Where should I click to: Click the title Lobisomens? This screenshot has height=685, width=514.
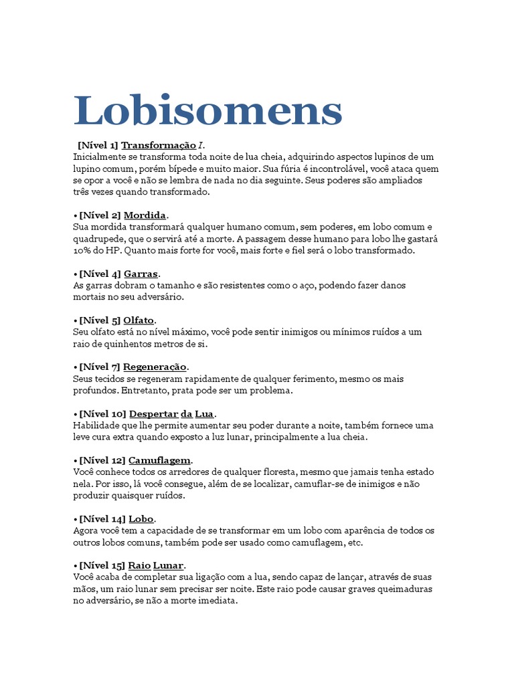coord(207,110)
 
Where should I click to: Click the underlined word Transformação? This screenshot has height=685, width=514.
coord(159,145)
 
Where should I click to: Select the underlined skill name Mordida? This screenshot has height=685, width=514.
coord(145,215)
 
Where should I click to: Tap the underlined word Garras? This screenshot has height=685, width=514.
coord(141,274)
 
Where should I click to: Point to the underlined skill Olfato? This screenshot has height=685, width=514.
coord(139,320)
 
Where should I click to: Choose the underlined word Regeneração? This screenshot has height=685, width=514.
coord(155,367)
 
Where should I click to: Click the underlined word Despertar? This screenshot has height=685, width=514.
coord(153,414)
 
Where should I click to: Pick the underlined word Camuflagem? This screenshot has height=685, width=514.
coord(159,461)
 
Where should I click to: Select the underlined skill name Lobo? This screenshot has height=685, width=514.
coord(141,519)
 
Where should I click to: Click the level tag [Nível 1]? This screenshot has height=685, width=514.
coord(98,145)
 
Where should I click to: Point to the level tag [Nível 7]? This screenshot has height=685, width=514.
coord(100,367)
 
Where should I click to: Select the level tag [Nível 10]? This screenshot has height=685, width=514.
coord(102,414)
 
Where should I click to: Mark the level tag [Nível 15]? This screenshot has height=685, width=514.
coord(102,566)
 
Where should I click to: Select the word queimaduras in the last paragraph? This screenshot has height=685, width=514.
coord(401,589)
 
